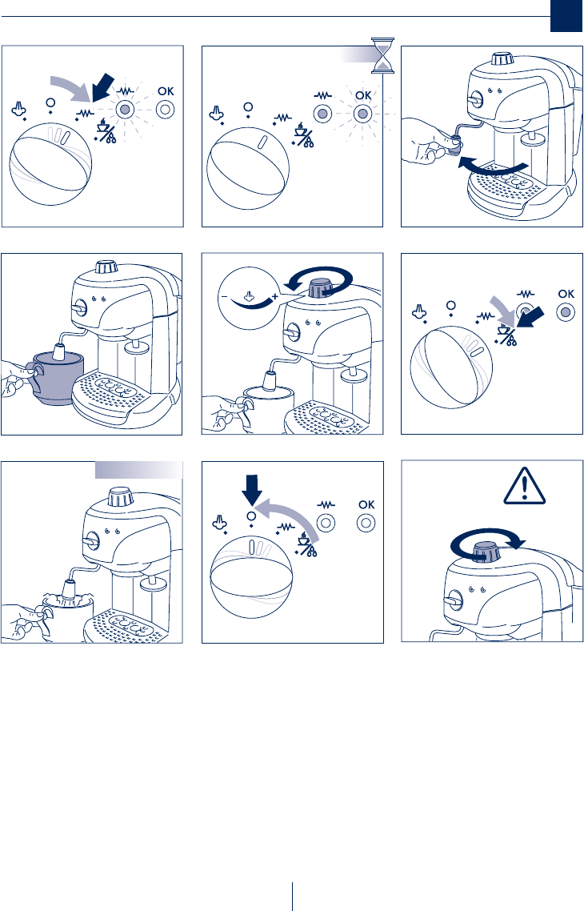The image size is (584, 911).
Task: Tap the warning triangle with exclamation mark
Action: point(524,486)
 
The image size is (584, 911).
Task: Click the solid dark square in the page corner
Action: point(566,16)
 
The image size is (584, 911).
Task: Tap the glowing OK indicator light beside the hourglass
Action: point(363,114)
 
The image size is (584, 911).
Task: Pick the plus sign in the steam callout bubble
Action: point(274,297)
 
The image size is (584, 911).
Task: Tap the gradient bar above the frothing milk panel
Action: point(138,469)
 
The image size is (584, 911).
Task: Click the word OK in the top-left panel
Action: point(166,91)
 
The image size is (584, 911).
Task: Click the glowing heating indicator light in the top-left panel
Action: point(123,109)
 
